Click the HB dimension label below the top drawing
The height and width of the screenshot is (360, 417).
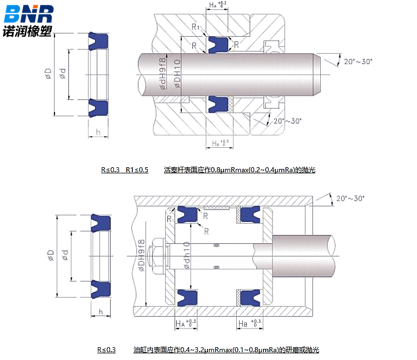(220, 143)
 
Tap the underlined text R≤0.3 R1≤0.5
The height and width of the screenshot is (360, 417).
(125, 169)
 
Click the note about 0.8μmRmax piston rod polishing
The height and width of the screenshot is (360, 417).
(240, 169)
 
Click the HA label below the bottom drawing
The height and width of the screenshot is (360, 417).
(186, 323)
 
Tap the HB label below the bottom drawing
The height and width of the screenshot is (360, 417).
(248, 323)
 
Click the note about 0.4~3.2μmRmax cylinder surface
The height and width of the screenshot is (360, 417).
(226, 349)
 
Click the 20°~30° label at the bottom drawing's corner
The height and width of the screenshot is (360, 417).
(350, 198)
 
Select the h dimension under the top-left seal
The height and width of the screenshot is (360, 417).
(98, 132)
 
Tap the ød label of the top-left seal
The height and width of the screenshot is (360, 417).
(63, 74)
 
